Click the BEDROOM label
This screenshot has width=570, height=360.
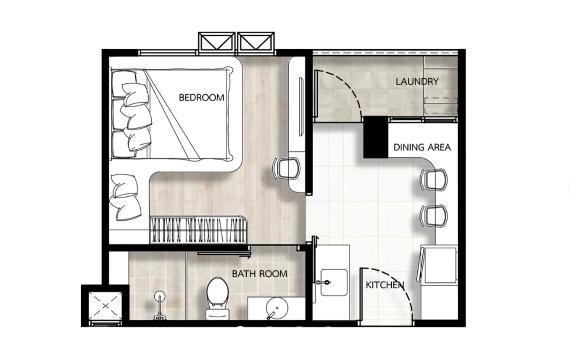coord(201,97)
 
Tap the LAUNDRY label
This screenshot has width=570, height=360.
coord(417,81)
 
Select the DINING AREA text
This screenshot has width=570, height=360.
coord(422,147)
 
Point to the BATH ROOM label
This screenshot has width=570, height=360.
coord(259,274)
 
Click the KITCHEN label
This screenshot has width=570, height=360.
coord(384,285)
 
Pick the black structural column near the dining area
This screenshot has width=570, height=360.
coord(376,137)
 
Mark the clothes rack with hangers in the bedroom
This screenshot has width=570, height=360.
coord(198,230)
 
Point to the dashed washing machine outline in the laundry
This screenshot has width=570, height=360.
coord(441,106)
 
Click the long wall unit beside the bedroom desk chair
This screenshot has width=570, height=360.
coord(298,123)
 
